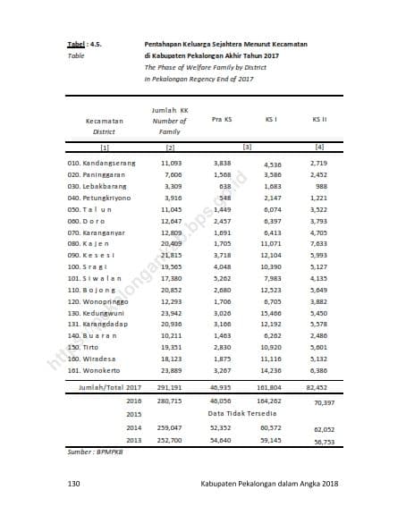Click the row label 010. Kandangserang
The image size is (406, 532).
[102, 165]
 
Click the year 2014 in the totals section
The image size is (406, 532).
[134, 428]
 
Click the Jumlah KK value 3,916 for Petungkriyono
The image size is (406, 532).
[173, 198]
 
